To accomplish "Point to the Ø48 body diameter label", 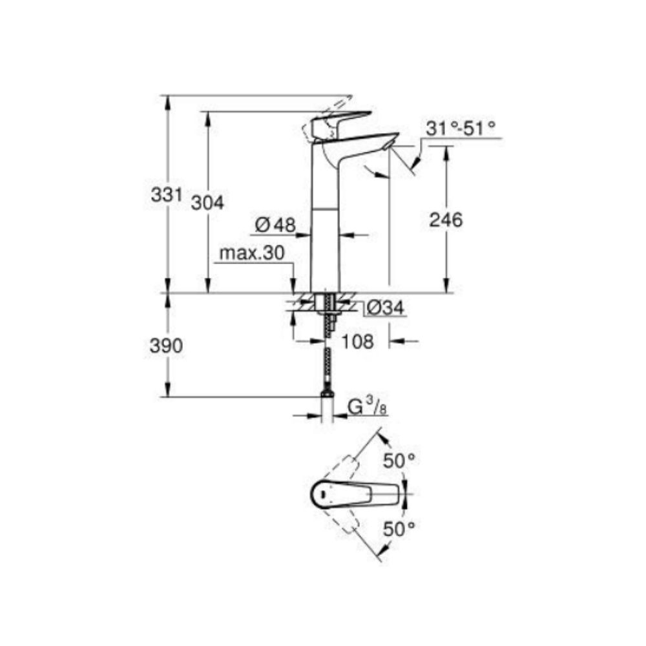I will [275, 225].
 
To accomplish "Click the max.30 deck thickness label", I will [251, 254].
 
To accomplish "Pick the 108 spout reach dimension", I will [357, 341].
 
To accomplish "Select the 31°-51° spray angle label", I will [461, 129].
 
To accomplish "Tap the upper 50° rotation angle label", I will [399, 461].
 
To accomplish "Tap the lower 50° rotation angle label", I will [399, 529].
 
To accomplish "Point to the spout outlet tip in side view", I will [388, 148].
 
